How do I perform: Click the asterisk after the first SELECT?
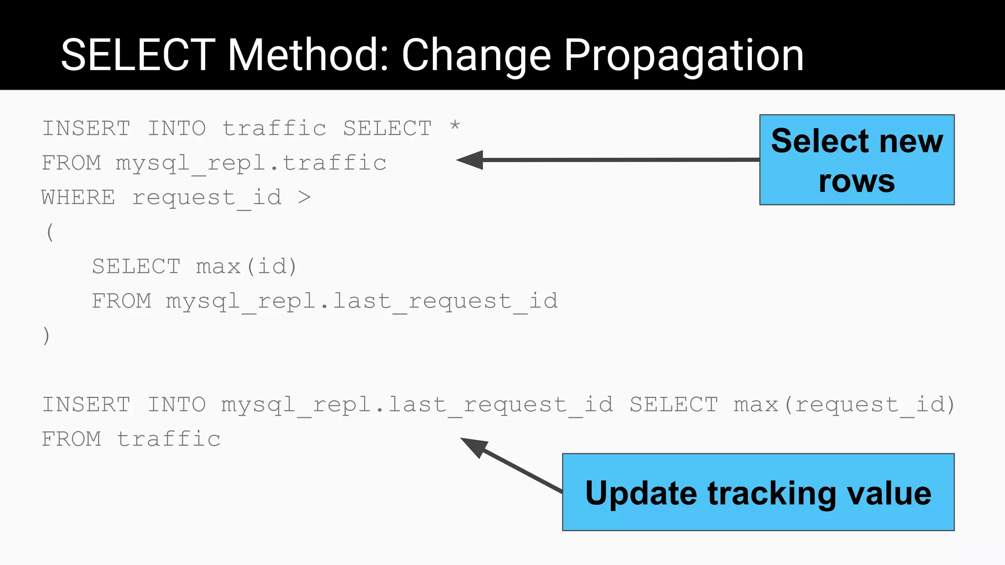coord(455,126)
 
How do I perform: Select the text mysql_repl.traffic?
coord(251,163)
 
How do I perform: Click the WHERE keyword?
coord(79,198)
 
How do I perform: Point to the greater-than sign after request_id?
coord(304,198)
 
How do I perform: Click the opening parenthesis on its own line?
coord(50,232)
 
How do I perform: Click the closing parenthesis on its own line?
coord(47,336)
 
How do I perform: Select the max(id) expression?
coord(246,267)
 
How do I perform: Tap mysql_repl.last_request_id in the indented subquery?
coord(362,301)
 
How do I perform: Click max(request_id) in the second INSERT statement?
coord(844,405)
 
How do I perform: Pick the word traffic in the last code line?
coord(169,439)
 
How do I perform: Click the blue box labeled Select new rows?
coord(856,160)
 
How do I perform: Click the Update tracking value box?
coord(758,492)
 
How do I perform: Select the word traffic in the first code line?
coord(274,128)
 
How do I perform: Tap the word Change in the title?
coord(476,56)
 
